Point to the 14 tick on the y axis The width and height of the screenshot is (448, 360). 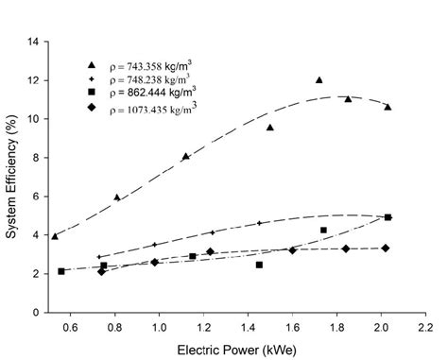(x=33, y=42)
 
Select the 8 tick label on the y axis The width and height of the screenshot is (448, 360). (x=35, y=158)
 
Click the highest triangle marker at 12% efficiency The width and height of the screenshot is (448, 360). (x=319, y=80)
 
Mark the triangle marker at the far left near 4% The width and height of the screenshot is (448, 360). (x=55, y=235)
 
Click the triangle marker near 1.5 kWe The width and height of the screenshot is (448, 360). (x=270, y=127)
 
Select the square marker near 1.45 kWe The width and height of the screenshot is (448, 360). (x=259, y=265)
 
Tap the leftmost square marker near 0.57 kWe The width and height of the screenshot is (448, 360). (x=61, y=271)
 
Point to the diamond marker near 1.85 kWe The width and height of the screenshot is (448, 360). (x=346, y=249)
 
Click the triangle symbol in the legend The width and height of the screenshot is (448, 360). (x=91, y=65)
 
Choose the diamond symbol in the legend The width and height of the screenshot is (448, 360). (x=91, y=107)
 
